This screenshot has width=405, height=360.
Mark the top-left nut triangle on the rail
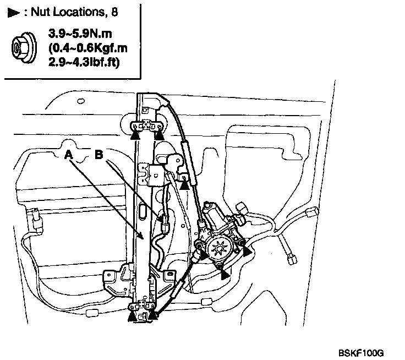pos(136,130)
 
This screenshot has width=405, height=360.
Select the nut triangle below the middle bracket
pos(185,186)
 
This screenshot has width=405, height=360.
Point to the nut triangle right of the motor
pos(247,251)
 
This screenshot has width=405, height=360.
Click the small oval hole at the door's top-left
pos(80,101)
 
